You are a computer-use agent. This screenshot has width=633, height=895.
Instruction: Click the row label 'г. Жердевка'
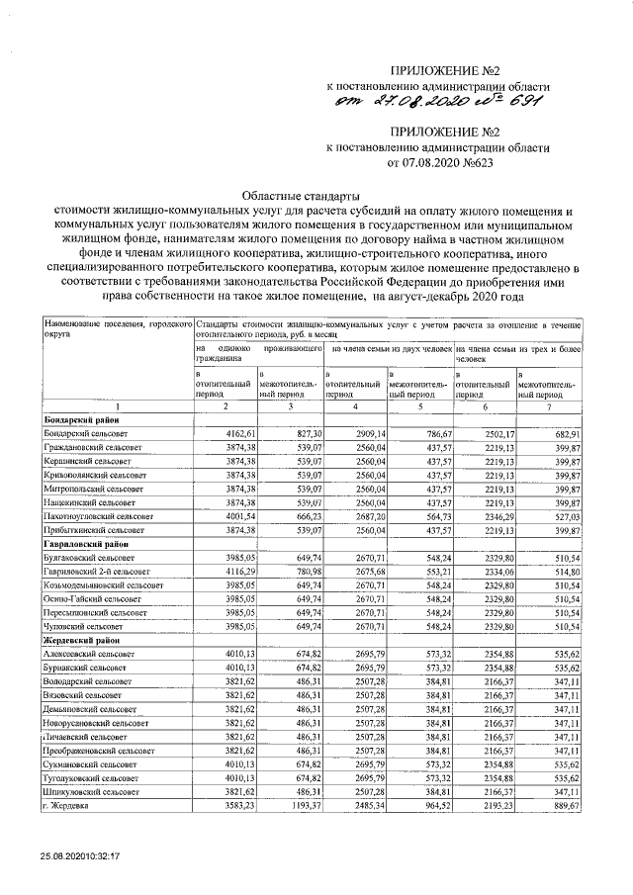(68, 810)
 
